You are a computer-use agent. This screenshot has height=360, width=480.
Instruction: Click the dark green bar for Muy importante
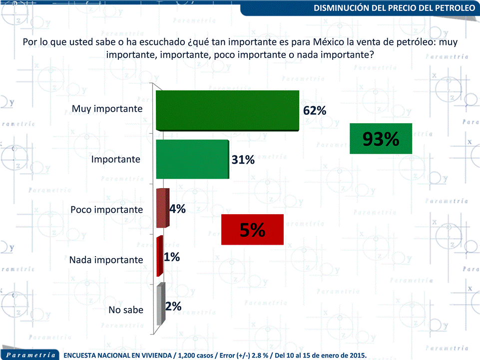click(227, 111)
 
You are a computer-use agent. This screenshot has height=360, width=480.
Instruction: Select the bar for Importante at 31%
click(192, 159)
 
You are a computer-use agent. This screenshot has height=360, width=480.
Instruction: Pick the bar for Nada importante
click(159, 256)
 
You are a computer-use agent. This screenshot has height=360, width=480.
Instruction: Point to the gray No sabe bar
click(160, 305)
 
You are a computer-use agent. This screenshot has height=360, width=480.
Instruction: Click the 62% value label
click(315, 110)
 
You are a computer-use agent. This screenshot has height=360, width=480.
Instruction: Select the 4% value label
click(177, 209)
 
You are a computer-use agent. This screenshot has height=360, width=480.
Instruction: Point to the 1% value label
click(172, 257)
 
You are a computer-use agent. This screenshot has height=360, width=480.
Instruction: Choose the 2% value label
click(173, 306)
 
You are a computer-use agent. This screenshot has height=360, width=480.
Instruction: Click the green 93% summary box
click(381, 139)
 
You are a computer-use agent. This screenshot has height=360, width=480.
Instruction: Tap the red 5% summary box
click(252, 230)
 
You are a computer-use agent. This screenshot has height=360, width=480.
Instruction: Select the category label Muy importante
click(107, 108)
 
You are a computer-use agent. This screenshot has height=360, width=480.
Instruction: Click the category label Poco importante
click(106, 210)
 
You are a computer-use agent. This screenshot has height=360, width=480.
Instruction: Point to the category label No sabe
click(126, 310)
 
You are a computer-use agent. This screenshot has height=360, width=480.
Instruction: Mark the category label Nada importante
click(106, 260)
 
